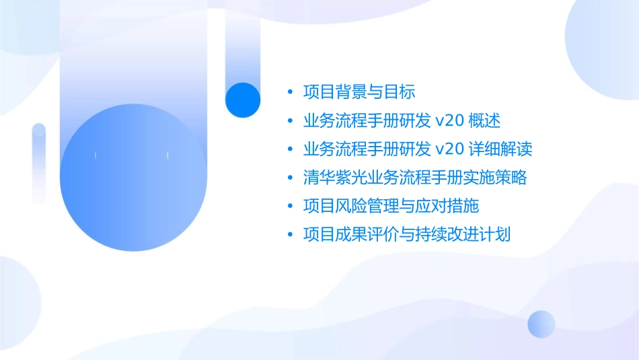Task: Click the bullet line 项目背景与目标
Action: coord(359,92)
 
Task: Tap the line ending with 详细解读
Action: coord(418,149)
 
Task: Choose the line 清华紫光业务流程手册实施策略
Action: coord(415,178)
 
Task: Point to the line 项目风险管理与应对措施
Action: coord(391,206)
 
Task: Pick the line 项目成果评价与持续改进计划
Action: coord(407,235)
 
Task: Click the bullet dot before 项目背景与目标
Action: coord(290,92)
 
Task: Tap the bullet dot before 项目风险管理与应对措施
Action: coord(290,206)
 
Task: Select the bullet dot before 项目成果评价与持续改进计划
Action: coord(290,235)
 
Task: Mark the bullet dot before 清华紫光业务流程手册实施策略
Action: coord(290,178)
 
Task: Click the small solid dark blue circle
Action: coord(243,100)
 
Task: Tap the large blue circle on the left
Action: coord(132,178)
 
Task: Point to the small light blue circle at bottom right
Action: coord(541,324)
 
